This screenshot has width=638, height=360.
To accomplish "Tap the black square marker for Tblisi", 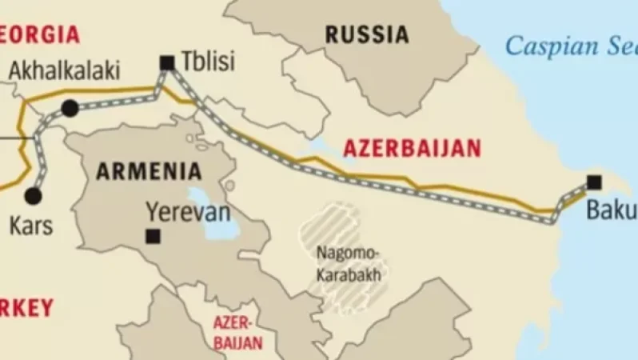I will click(167, 62).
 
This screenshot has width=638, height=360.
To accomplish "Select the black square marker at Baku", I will click(593, 182).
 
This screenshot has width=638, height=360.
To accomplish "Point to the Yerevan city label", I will click(188, 212).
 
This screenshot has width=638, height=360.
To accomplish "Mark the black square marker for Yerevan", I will click(152, 236).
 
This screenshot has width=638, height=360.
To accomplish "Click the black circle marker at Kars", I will click(33, 195).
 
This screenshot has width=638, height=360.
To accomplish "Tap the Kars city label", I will click(31, 226).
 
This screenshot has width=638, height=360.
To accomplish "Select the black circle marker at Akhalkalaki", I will click(70, 107).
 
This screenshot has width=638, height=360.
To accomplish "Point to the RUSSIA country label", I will click(366, 34).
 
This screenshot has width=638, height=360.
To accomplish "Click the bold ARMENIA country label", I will click(148, 170).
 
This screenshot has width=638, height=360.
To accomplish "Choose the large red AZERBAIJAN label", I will click(412, 148).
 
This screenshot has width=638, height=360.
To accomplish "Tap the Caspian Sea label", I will click(571, 46).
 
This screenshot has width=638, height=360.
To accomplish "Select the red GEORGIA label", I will click(40, 35).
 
